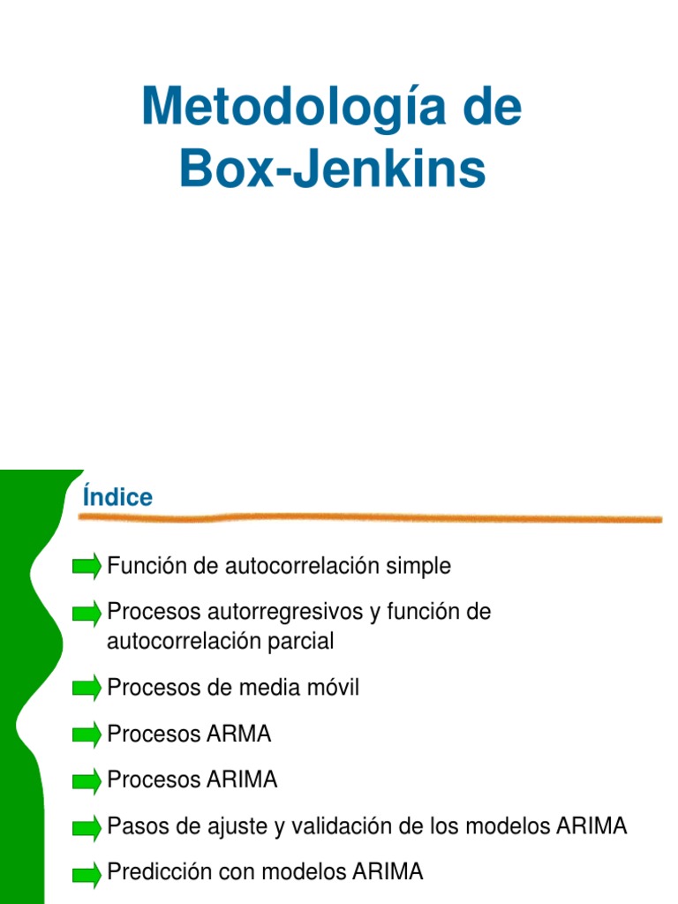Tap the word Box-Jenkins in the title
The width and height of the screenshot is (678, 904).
(x=332, y=169)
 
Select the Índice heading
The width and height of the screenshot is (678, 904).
(x=117, y=498)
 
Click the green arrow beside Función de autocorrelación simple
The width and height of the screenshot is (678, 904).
(x=87, y=567)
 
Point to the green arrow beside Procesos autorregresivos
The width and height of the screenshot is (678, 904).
(x=87, y=613)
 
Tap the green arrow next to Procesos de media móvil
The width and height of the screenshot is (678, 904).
(x=87, y=689)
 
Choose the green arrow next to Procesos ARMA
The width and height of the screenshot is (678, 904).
(x=87, y=734)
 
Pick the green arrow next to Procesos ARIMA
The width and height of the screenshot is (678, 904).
(x=87, y=780)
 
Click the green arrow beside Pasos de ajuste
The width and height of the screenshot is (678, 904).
(x=87, y=827)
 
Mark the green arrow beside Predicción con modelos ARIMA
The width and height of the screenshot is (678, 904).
(x=87, y=873)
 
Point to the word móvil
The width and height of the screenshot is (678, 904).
(x=332, y=689)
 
